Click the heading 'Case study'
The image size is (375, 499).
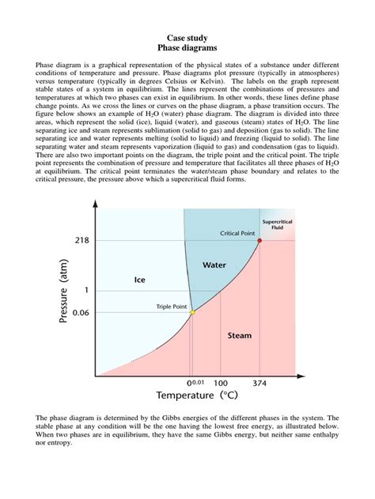tap(187, 37)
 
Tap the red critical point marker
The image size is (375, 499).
tap(259, 239)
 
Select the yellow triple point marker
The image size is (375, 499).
tap(192, 313)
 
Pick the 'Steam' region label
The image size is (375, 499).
tap(240, 336)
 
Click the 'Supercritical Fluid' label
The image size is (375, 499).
tap(277, 225)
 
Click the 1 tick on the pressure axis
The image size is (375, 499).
tap(85, 290)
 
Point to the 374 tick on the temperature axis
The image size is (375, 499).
tap(259, 382)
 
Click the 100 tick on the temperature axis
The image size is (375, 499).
tap(221, 382)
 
